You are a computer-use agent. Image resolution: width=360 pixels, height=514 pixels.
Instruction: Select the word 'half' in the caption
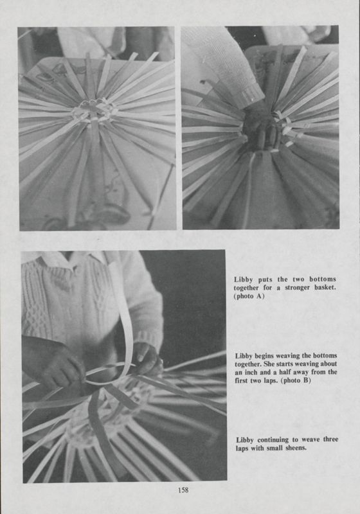coord(301,373)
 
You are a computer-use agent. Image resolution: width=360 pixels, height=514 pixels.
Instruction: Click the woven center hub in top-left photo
coord(94,111)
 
